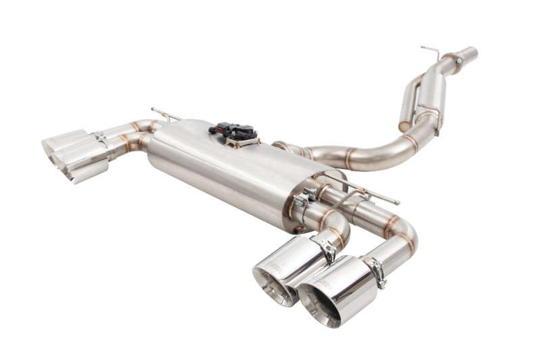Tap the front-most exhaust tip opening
pos(320,303)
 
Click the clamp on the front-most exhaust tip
pos(377,271)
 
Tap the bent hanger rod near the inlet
pos(430,51)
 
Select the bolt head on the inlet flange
pos(458,61)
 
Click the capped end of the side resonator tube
pos(405,126)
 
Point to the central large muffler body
pos(223,176)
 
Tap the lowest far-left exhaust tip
pos(85,173)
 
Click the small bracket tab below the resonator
pos(436,133)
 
